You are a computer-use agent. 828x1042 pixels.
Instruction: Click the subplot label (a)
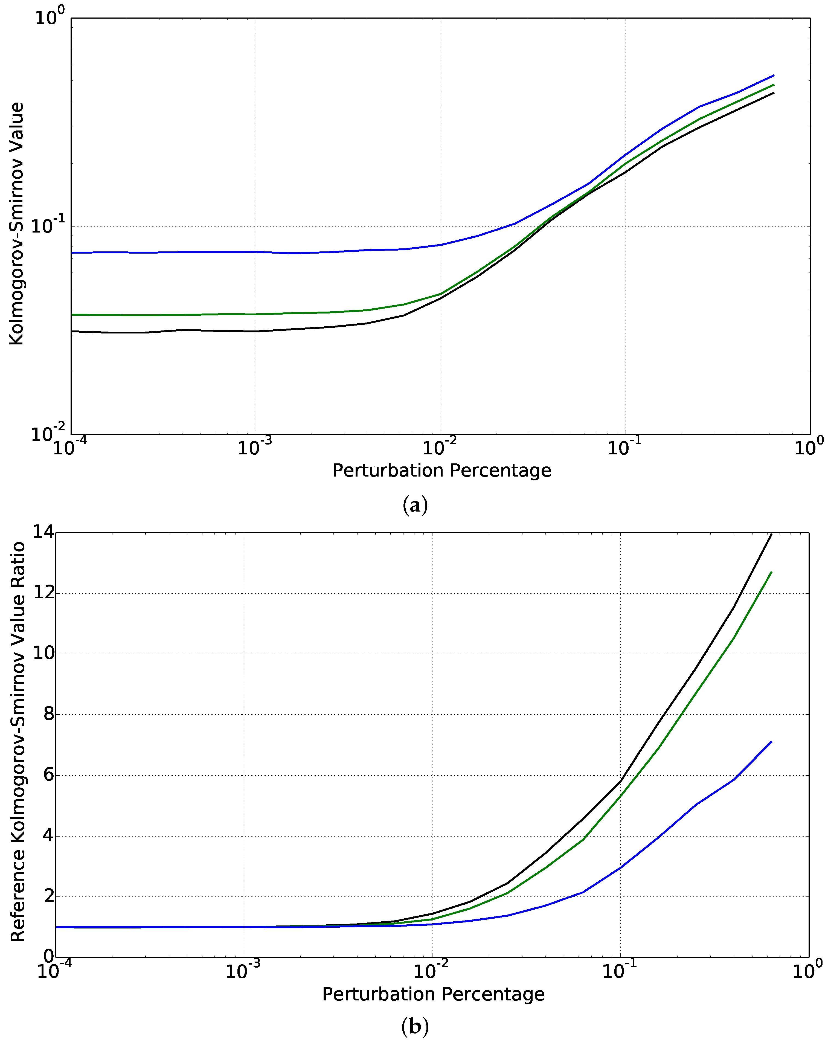point(415,506)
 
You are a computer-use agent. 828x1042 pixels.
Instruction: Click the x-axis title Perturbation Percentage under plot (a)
point(441,470)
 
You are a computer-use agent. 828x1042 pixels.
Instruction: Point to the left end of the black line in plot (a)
point(72,331)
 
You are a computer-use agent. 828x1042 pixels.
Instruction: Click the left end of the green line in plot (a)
point(72,315)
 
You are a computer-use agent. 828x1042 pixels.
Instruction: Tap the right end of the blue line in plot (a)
point(774,76)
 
